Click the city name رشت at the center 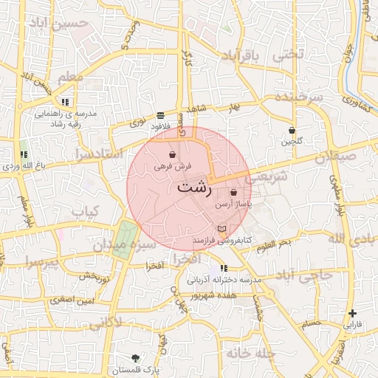click(193, 188)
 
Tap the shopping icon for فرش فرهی click(172, 155)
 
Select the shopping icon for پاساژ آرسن click(233, 192)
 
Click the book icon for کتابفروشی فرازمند click(222, 230)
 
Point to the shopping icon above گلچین click(292, 131)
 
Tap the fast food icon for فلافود click(160, 115)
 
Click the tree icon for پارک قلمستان click(134, 357)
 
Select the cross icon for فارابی click(353, 313)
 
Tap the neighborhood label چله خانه click(250, 354)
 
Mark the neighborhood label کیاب click(86, 212)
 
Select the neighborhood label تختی click(289, 54)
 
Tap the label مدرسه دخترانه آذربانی click(221, 281)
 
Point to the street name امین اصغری click(72, 300)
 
